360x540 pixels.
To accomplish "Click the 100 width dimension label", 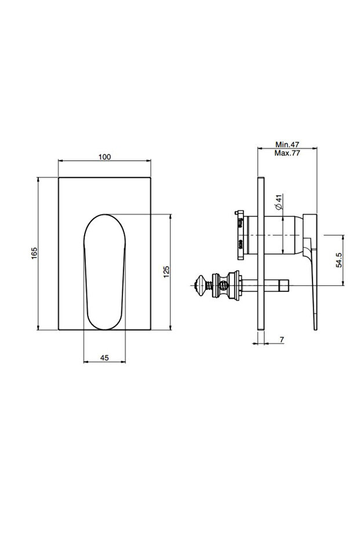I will pyautogui.click(x=105, y=157).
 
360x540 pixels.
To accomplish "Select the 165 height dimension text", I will pyautogui.click(x=34, y=253).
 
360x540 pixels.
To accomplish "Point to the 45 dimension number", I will pyautogui.click(x=105, y=358).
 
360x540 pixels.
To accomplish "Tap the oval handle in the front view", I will pyautogui.click(x=105, y=273).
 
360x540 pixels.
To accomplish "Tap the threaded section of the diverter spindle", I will pyautogui.click(x=223, y=285).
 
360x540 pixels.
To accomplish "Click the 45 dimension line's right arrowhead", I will pyautogui.click(x=123, y=363).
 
